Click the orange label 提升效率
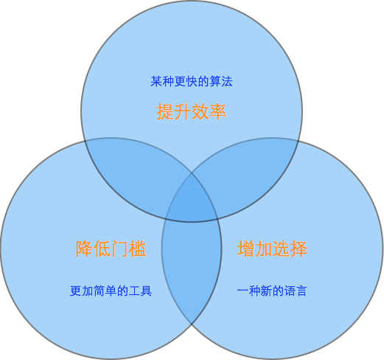tap(192, 111)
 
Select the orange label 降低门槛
tap(111, 249)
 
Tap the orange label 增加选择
tap(273, 249)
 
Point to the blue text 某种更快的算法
tap(192, 81)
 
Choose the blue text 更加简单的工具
tap(111, 291)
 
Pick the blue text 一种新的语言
tap(272, 291)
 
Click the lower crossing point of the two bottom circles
tap(192, 324)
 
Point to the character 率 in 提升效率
tap(218, 111)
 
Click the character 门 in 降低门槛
tap(120, 249)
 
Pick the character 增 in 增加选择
tap(246, 249)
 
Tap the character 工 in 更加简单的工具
tap(134, 291)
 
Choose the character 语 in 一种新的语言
tap(290, 291)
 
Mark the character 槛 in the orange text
tap(138, 249)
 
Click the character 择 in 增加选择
tap(299, 249)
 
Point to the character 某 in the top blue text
tap(156, 81)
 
